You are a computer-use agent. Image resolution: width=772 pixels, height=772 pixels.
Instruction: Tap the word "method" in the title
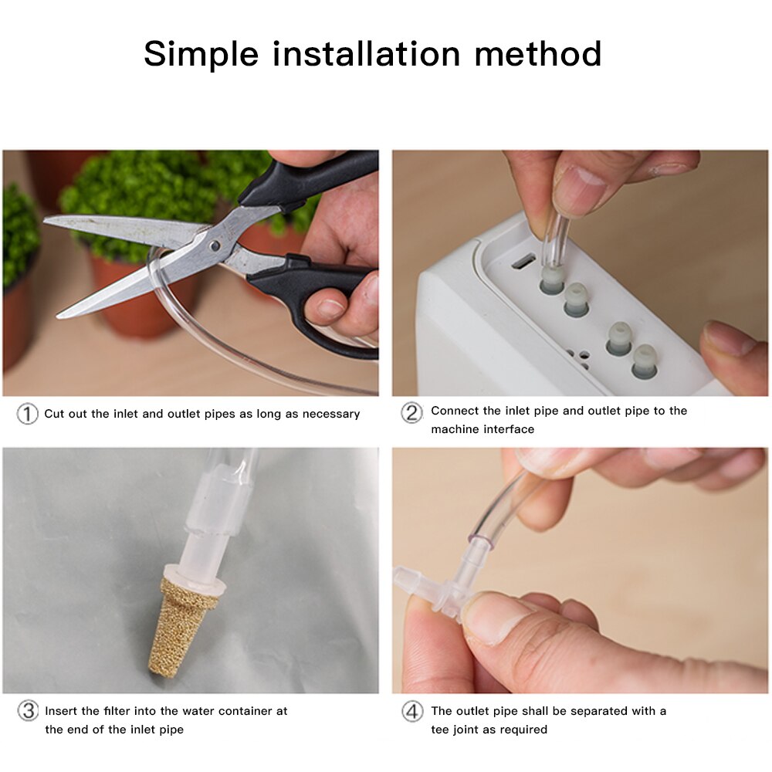point(537,54)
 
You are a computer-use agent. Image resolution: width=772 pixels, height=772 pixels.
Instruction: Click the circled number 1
point(27,414)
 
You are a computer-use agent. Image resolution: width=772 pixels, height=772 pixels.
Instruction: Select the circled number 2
point(411,412)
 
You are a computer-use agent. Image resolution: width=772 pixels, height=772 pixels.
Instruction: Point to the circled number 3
point(28,711)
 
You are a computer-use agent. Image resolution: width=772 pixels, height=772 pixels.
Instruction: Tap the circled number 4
point(411,711)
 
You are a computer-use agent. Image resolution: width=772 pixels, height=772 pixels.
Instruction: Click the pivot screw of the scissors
point(215,245)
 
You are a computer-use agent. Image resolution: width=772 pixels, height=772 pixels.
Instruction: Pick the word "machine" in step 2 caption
point(455,429)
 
